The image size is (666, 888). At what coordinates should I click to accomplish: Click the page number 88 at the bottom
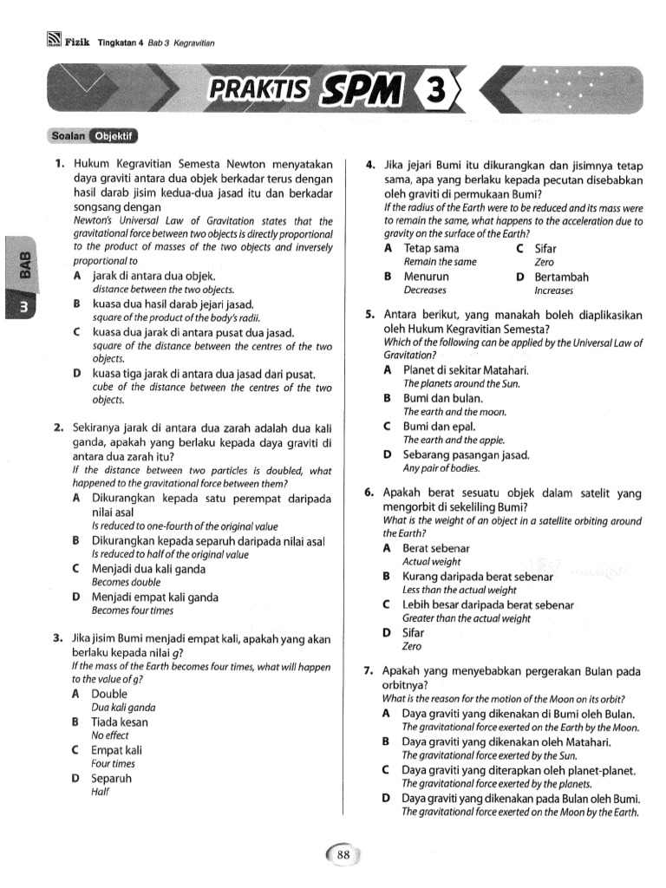click(343, 855)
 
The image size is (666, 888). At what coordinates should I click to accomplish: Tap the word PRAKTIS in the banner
click(258, 91)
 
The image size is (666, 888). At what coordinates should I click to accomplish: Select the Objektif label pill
click(115, 136)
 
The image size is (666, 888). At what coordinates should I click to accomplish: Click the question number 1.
click(58, 162)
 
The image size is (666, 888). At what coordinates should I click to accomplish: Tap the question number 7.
click(369, 670)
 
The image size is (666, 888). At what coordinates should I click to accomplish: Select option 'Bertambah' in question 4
click(561, 277)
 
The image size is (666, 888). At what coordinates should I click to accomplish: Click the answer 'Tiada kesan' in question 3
click(120, 721)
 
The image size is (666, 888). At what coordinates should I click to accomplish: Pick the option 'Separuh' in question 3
click(111, 778)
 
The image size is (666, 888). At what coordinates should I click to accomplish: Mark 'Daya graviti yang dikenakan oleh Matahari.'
click(506, 741)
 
